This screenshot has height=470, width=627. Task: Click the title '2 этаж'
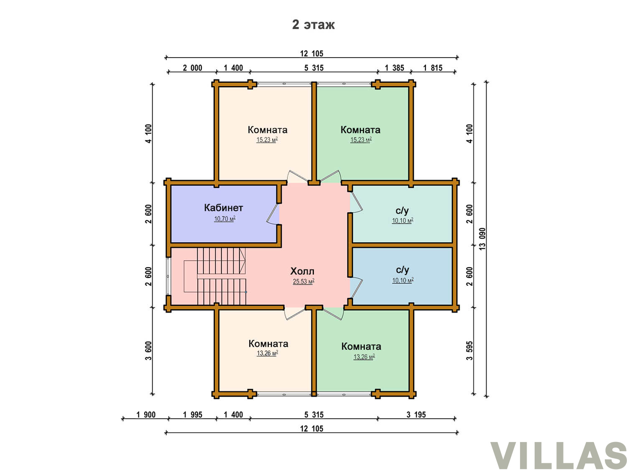[313, 25]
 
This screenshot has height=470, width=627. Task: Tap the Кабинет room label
[223, 208]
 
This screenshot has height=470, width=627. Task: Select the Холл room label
[302, 271]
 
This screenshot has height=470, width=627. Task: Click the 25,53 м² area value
[303, 281]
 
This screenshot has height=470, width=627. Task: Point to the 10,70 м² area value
[225, 218]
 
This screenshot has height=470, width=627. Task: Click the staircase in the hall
[215, 276]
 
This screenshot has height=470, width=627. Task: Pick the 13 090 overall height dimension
[482, 239]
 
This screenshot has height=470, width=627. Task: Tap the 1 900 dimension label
[146, 414]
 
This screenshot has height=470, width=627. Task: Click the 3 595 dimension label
[469, 351]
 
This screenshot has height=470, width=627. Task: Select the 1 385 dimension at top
[395, 68]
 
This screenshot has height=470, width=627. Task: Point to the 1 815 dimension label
[433, 68]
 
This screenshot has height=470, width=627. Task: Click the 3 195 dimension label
[416, 414]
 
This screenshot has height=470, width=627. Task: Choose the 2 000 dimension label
[193, 68]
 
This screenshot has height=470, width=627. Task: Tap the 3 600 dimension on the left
[148, 351]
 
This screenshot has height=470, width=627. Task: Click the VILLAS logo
[558, 455]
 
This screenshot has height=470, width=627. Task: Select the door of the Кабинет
[272, 214]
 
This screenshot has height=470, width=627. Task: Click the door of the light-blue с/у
[356, 288]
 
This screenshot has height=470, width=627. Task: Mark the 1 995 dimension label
[193, 414]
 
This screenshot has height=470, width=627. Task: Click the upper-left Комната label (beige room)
[268, 130]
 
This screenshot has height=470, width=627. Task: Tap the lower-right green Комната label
[361, 346]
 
